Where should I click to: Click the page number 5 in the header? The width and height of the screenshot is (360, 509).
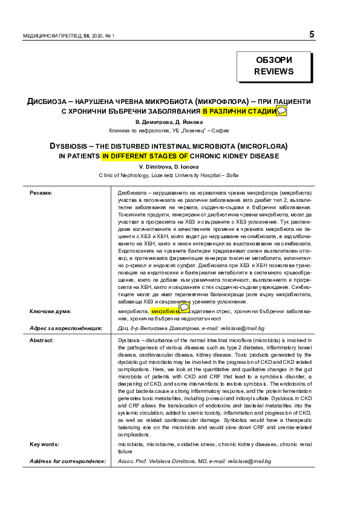[312, 34]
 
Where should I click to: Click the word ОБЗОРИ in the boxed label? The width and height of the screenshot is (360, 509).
[274, 60]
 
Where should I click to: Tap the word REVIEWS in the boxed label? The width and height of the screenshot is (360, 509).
[274, 71]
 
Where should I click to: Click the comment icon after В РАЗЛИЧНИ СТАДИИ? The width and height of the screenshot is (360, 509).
[281, 111]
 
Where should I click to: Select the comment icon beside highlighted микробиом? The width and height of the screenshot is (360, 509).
[185, 308]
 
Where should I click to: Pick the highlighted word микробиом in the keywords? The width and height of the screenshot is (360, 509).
[165, 311]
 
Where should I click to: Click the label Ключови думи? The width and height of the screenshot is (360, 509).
[50, 311]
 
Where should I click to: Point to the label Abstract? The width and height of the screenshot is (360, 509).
[42, 340]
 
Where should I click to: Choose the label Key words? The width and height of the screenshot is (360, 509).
[45, 444]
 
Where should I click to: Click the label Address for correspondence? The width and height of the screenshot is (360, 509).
[68, 461]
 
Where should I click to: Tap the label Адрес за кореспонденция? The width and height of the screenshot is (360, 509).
[66, 328]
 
